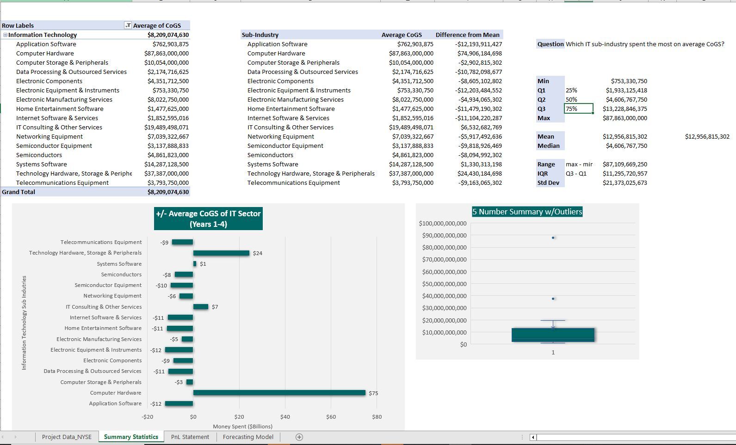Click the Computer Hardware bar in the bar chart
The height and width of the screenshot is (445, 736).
tap(279, 393)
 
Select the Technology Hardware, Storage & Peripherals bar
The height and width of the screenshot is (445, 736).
tap(221, 253)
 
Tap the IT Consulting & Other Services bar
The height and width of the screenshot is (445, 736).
tap(201, 307)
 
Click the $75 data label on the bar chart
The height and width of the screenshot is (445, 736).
tap(373, 393)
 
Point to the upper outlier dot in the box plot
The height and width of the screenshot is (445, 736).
tap(553, 238)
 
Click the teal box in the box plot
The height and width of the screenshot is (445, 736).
tap(553, 335)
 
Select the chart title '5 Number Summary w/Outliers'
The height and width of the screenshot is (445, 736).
tap(527, 212)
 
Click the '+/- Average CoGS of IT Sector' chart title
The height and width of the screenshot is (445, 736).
tap(208, 219)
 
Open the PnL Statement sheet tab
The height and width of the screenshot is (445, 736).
tap(190, 437)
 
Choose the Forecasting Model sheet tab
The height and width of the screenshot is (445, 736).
tap(248, 437)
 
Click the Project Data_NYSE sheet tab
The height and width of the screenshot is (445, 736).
tap(67, 437)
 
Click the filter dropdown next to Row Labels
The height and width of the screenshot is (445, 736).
tap(128, 25)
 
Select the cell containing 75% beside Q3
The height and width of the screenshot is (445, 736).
tap(578, 109)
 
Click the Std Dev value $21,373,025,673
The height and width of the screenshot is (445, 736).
tap(625, 183)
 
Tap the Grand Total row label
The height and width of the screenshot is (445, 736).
tap(19, 192)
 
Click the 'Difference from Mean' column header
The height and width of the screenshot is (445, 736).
tap(467, 35)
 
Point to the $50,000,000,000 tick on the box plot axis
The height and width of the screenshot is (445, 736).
tap(444, 284)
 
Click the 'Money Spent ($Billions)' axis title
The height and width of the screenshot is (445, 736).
tap(242, 426)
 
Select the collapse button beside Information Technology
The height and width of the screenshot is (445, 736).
tap(5, 35)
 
